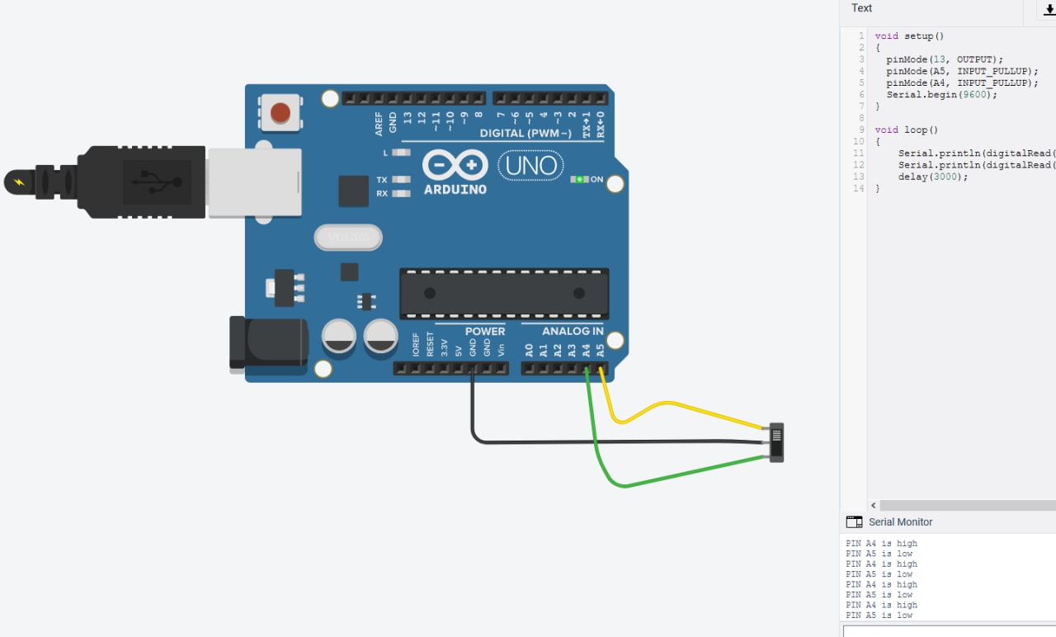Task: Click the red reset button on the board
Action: [281, 111]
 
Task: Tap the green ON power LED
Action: [580, 179]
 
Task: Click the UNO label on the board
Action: [530, 166]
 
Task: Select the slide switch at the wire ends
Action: [776, 442]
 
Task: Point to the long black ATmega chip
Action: [504, 293]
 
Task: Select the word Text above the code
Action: [861, 8]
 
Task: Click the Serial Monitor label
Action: [900, 522]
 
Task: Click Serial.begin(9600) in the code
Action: [941, 94]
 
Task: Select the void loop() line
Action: [906, 130]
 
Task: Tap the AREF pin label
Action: [379, 123]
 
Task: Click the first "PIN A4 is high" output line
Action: [881, 544]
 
